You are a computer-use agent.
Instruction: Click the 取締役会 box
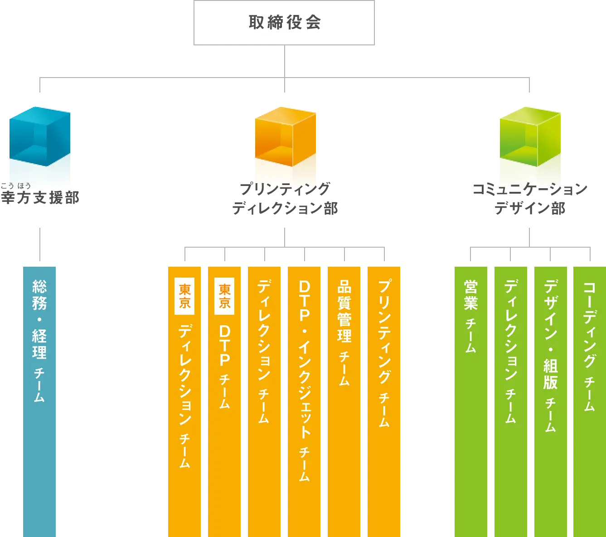click(285, 23)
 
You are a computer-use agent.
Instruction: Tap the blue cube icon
click(40, 136)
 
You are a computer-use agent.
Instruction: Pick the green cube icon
click(529, 136)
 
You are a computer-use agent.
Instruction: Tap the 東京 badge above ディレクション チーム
click(184, 296)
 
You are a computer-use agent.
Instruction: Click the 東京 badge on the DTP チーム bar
click(224, 296)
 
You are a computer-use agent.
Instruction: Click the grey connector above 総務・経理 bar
click(40, 243)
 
